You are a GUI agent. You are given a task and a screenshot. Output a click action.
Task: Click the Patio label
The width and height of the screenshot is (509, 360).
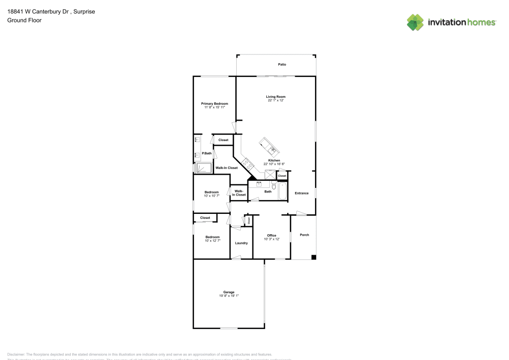pyautogui.click(x=281, y=65)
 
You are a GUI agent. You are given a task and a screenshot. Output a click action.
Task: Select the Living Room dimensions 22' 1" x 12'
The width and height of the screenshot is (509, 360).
pyautogui.click(x=275, y=100)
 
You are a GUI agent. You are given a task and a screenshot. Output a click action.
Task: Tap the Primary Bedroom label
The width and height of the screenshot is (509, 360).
pyautogui.click(x=214, y=103)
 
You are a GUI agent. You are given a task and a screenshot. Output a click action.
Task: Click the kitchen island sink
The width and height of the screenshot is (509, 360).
pyautogui.click(x=272, y=149)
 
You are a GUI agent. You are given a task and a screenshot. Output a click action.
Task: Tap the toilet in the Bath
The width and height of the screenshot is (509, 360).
pyautogui.click(x=274, y=186)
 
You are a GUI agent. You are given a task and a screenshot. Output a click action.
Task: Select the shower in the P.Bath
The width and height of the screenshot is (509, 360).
pyautogui.click(x=204, y=169)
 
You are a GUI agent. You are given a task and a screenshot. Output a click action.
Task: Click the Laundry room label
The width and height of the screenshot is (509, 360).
pyautogui.click(x=241, y=243)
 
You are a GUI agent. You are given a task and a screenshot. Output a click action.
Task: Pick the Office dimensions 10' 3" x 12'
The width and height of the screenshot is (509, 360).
pyautogui.click(x=271, y=239)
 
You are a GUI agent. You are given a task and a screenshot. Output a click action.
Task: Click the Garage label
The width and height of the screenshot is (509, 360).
pyautogui.click(x=229, y=292)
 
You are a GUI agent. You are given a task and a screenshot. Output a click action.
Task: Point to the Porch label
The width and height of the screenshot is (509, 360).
pyautogui.click(x=304, y=235)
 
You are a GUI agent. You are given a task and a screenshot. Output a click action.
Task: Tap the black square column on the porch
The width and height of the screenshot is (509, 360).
pyautogui.click(x=314, y=257)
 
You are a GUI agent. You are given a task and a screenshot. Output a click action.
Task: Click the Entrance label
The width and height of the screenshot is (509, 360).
pyautogui.click(x=301, y=193)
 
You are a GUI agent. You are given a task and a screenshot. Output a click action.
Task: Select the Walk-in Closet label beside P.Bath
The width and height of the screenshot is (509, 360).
pyautogui.click(x=227, y=168)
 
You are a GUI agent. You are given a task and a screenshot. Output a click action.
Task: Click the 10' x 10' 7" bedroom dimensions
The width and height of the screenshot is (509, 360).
pyautogui.click(x=212, y=196)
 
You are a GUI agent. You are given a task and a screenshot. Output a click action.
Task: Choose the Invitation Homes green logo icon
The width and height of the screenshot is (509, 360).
pyautogui.click(x=415, y=22)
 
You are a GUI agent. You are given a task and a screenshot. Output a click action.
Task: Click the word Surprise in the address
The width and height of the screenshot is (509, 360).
pyautogui.click(x=84, y=11)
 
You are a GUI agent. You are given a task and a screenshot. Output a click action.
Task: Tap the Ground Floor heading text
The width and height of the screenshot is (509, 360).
pyautogui.click(x=24, y=20)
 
